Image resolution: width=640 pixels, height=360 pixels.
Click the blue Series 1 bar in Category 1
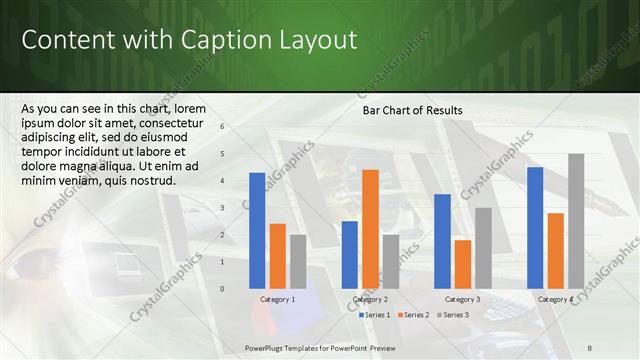(257, 231)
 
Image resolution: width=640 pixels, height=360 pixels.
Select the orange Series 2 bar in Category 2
(370, 229)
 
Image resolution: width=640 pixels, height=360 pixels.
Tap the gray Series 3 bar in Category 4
(576, 221)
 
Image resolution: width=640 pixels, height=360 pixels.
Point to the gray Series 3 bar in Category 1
(298, 261)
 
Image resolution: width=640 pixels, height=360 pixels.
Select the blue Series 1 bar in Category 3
(442, 241)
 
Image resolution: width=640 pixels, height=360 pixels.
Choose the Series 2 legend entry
(412, 315)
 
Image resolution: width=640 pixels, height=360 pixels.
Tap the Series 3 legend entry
(451, 315)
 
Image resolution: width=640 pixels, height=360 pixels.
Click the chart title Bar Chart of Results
(412, 110)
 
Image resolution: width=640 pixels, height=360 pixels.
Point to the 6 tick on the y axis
(222, 127)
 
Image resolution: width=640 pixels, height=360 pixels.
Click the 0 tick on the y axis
(222, 289)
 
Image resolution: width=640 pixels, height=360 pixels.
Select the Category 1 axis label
(277, 299)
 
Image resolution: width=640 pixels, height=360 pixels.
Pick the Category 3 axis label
(462, 299)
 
